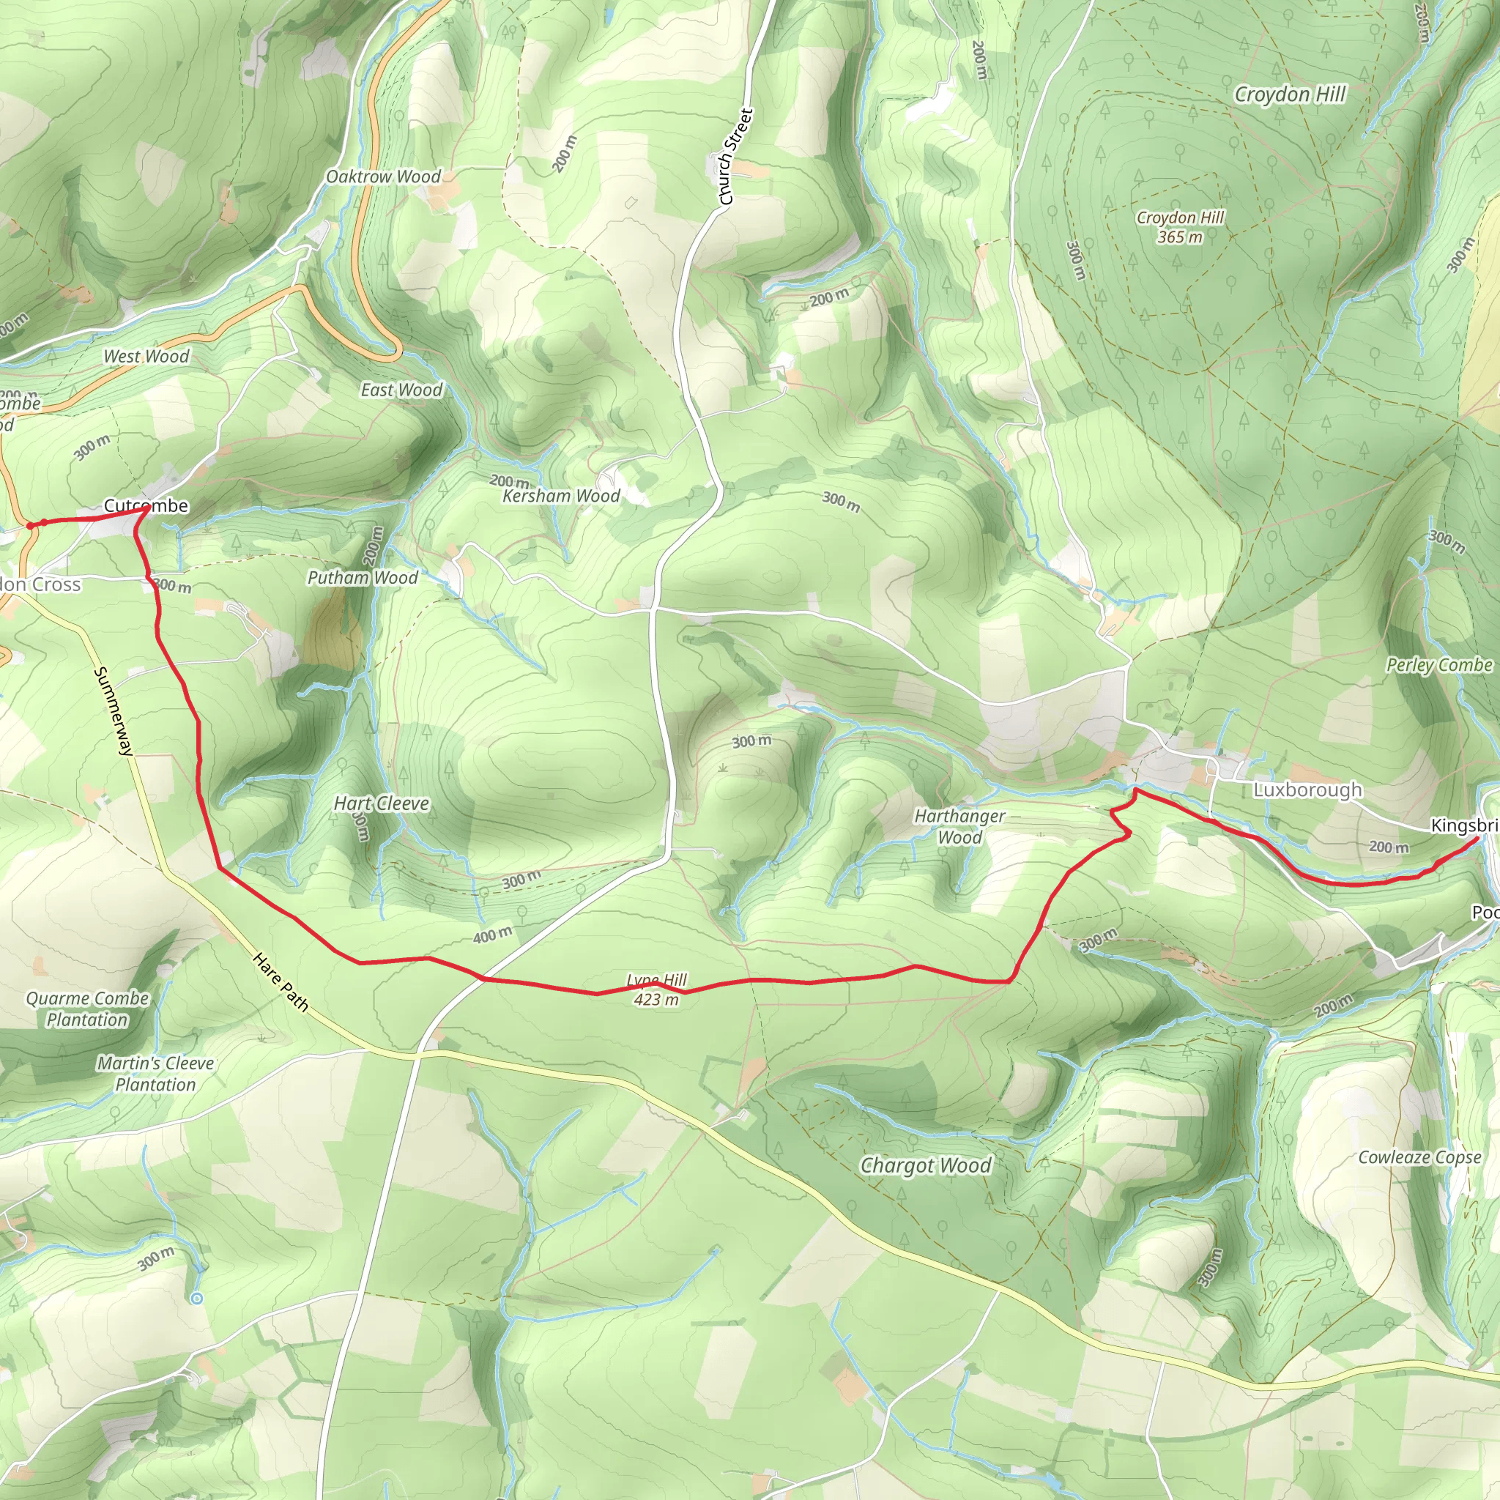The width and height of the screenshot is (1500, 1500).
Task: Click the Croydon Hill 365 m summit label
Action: tap(1179, 227)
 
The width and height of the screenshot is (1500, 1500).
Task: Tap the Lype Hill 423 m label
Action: tap(656, 990)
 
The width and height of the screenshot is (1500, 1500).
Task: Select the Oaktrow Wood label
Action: tap(383, 177)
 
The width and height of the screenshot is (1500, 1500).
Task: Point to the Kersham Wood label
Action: tap(560, 495)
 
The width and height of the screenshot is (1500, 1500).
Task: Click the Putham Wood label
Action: tap(363, 578)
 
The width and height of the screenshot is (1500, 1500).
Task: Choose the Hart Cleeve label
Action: tap(381, 803)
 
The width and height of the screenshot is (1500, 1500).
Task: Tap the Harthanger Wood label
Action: tap(959, 826)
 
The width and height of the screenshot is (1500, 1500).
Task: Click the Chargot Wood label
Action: tap(926, 1165)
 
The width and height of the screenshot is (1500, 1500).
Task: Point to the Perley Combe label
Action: tap(1438, 665)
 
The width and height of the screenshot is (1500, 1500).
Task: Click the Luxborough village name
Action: tap(1307, 790)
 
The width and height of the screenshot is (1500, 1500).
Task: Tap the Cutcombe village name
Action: tap(146, 505)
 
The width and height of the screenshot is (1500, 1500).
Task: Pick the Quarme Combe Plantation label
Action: tap(87, 1009)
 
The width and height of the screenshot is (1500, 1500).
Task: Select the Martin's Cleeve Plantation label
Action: tap(155, 1073)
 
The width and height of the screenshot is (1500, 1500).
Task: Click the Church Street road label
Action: tap(735, 157)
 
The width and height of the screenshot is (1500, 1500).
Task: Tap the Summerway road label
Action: tap(114, 710)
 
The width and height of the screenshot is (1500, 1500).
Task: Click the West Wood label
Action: tap(146, 357)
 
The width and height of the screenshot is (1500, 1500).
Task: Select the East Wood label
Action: tap(401, 390)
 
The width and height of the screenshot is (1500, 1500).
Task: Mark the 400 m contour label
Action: tap(492, 935)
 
